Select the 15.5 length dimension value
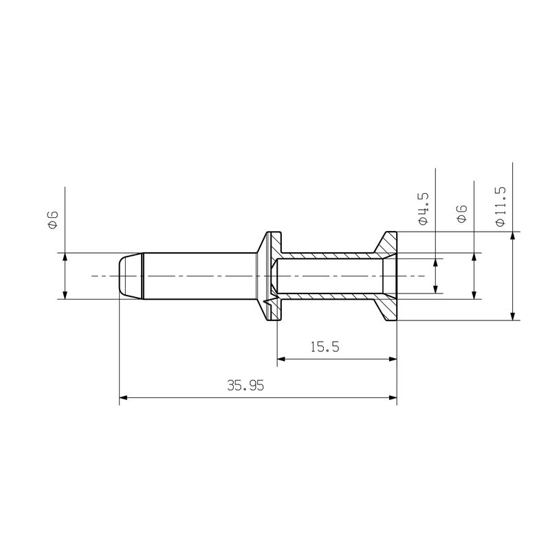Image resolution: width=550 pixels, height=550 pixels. pos(324,347)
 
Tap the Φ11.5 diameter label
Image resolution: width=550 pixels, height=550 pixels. pos(500,206)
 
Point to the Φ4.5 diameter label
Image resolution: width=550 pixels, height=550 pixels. pos(423,210)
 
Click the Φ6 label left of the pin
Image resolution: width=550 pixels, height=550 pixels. pos(52,220)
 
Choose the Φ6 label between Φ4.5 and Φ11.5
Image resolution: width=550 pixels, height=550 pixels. pos(462,214)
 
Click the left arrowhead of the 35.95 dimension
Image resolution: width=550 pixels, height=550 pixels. pos(124,397)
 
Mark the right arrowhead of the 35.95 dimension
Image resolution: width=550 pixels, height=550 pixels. pos(393,397)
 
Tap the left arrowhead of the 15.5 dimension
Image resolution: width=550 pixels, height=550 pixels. pos(282,358)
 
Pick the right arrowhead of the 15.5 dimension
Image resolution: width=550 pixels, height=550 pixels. pos(393,358)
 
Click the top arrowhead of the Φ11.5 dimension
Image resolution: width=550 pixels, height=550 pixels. pos(513,236)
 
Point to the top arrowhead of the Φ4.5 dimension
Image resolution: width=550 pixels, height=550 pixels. pos(435,263)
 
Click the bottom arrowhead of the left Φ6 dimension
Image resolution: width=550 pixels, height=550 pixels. pos(64,294)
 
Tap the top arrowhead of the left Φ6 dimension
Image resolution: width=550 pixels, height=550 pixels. pos(64,258)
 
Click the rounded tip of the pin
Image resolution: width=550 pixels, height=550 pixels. pos(124,276)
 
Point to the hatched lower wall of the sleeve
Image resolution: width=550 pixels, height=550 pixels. pos(330,296)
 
